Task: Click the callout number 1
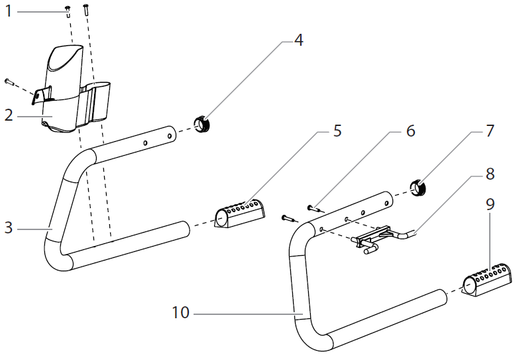[8, 11]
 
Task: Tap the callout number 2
[8, 115]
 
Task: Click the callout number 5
[337, 130]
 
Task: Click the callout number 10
[179, 312]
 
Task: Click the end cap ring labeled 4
[201, 124]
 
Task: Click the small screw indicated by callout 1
[68, 9]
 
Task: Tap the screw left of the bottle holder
[9, 82]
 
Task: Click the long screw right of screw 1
[86, 9]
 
